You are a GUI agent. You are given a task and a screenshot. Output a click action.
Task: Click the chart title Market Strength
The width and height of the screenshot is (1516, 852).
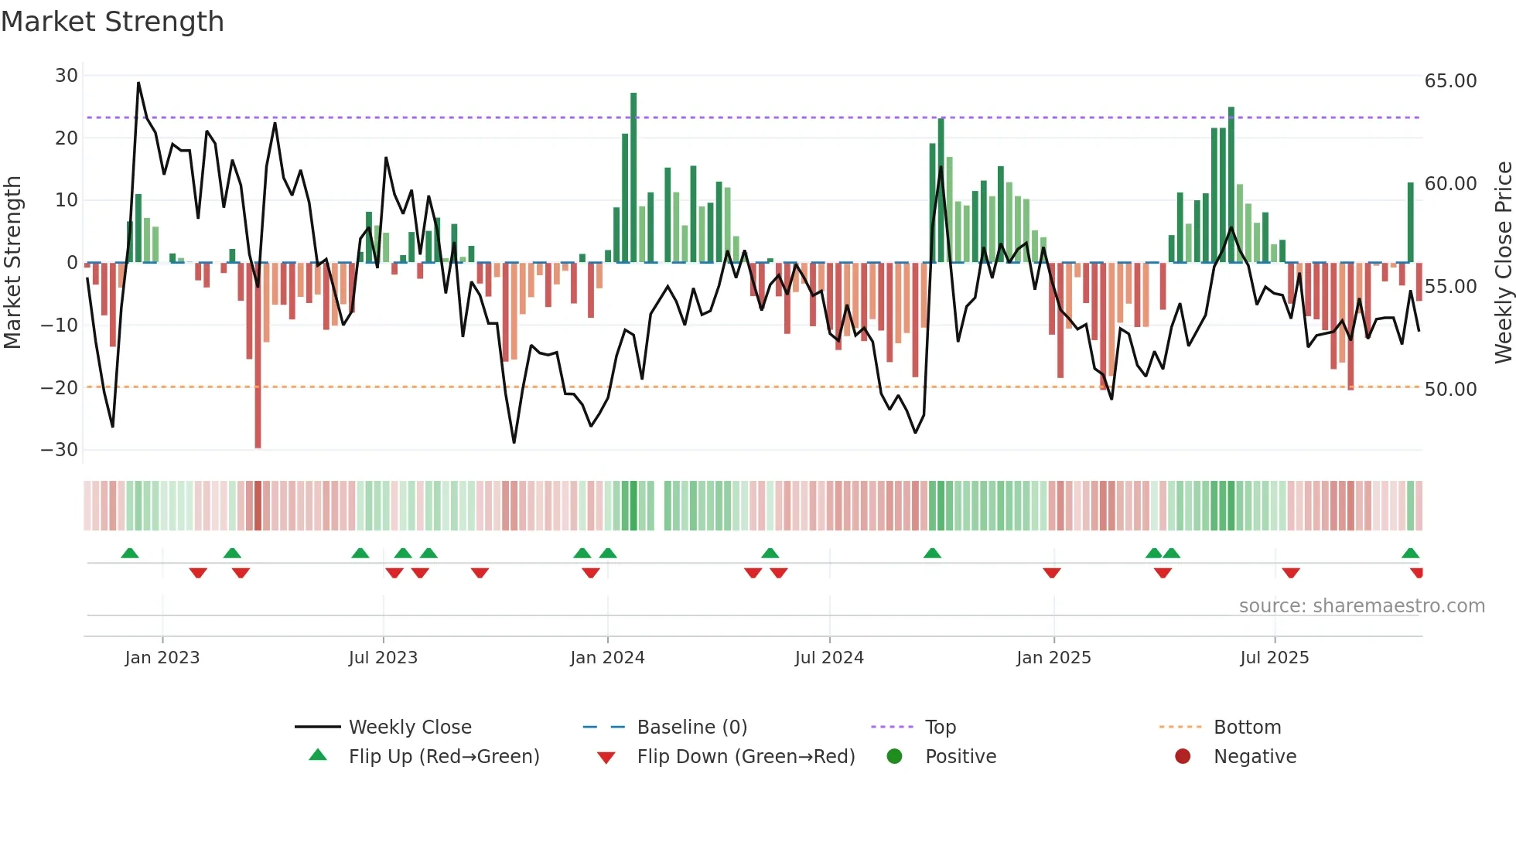click(112, 22)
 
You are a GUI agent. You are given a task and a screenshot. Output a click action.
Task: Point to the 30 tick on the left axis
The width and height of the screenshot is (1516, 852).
click(67, 76)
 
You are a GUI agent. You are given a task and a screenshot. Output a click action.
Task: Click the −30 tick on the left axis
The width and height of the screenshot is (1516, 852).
click(60, 450)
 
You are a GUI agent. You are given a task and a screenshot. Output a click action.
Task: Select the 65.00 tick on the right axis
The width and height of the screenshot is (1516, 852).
click(1450, 81)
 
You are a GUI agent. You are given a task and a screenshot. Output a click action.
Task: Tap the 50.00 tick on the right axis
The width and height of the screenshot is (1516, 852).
click(1450, 390)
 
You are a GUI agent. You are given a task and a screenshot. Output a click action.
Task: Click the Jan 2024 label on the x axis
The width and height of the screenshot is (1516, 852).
click(607, 658)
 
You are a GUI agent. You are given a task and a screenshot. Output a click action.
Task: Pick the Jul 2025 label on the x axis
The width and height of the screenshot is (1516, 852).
click(1274, 658)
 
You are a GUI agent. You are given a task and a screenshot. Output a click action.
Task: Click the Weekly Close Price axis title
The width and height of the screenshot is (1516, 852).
click(1503, 263)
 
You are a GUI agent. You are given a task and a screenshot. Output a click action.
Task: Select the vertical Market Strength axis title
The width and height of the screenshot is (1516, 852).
click(12, 263)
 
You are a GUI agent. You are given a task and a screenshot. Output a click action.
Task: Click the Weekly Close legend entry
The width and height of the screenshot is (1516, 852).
click(409, 728)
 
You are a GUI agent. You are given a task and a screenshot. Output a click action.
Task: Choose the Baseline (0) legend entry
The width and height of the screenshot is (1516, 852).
click(691, 728)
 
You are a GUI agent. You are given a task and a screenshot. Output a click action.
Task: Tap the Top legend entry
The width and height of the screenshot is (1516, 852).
click(941, 728)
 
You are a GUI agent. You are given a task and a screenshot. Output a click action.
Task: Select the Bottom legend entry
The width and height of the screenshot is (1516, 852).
click(1247, 728)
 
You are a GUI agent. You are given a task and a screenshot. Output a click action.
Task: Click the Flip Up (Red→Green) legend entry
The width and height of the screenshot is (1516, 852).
click(443, 757)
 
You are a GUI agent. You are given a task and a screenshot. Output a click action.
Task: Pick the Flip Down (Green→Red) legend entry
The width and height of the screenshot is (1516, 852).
click(746, 757)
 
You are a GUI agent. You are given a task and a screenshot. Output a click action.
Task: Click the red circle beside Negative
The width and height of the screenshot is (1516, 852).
click(1183, 757)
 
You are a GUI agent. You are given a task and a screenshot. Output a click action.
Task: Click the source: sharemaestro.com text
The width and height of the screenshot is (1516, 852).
click(1361, 606)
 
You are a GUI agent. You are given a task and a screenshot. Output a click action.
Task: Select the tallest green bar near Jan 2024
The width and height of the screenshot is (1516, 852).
click(633, 178)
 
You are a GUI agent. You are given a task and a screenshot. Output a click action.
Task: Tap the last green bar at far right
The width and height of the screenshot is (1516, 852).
click(1410, 223)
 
